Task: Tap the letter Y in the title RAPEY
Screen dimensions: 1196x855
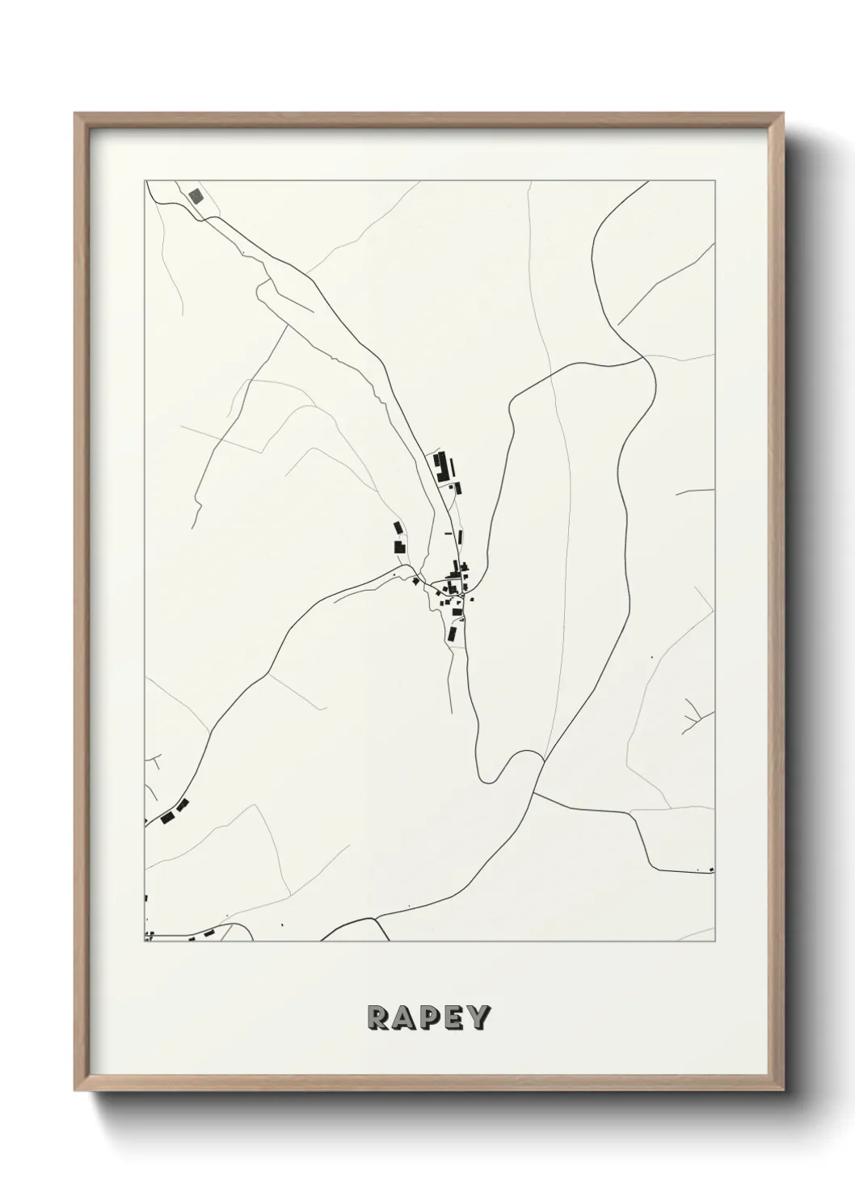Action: tap(478, 1018)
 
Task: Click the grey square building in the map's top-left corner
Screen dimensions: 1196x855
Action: tap(196, 196)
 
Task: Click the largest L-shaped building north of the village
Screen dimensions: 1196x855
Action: tap(440, 467)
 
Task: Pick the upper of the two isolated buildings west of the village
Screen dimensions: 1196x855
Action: tap(398, 529)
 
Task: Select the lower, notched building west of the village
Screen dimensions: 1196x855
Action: tap(399, 547)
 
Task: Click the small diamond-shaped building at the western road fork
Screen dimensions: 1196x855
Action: tap(416, 580)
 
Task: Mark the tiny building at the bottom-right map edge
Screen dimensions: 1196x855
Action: tap(711, 870)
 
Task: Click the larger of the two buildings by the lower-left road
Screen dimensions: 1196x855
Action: tap(168, 818)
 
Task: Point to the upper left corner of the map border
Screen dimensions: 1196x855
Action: tap(145, 180)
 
